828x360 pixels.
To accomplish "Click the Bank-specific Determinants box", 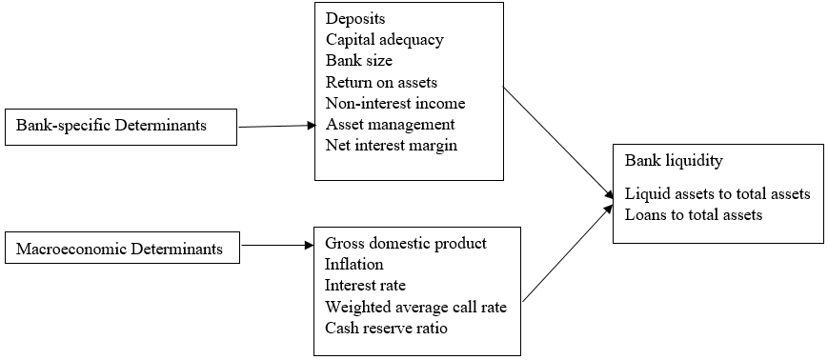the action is (121, 127).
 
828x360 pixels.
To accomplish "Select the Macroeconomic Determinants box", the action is (123, 248).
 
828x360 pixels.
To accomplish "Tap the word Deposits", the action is (355, 19).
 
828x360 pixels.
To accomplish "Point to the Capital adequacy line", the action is (384, 40).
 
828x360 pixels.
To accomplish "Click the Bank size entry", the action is (359, 61).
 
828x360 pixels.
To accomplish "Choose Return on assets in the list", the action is (381, 82).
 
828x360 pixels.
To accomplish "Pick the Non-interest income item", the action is (395, 103).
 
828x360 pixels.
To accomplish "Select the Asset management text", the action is (391, 125).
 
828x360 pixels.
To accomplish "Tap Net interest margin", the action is (392, 145).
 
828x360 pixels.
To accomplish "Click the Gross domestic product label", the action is (406, 244).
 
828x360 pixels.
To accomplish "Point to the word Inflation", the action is (353, 264).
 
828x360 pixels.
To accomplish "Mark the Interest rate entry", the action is (365, 286).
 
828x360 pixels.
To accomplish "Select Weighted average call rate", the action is (415, 308).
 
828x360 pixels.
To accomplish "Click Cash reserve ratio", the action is (386, 329).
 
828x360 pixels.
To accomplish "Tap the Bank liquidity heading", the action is (674, 161).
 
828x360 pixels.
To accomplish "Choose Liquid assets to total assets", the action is (717, 194).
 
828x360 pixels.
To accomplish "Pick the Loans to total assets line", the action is (694, 215).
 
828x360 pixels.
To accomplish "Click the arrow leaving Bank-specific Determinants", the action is (277, 126).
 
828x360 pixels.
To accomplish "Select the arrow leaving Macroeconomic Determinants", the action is (278, 245).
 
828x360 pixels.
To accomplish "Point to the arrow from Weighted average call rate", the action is (568, 252).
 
